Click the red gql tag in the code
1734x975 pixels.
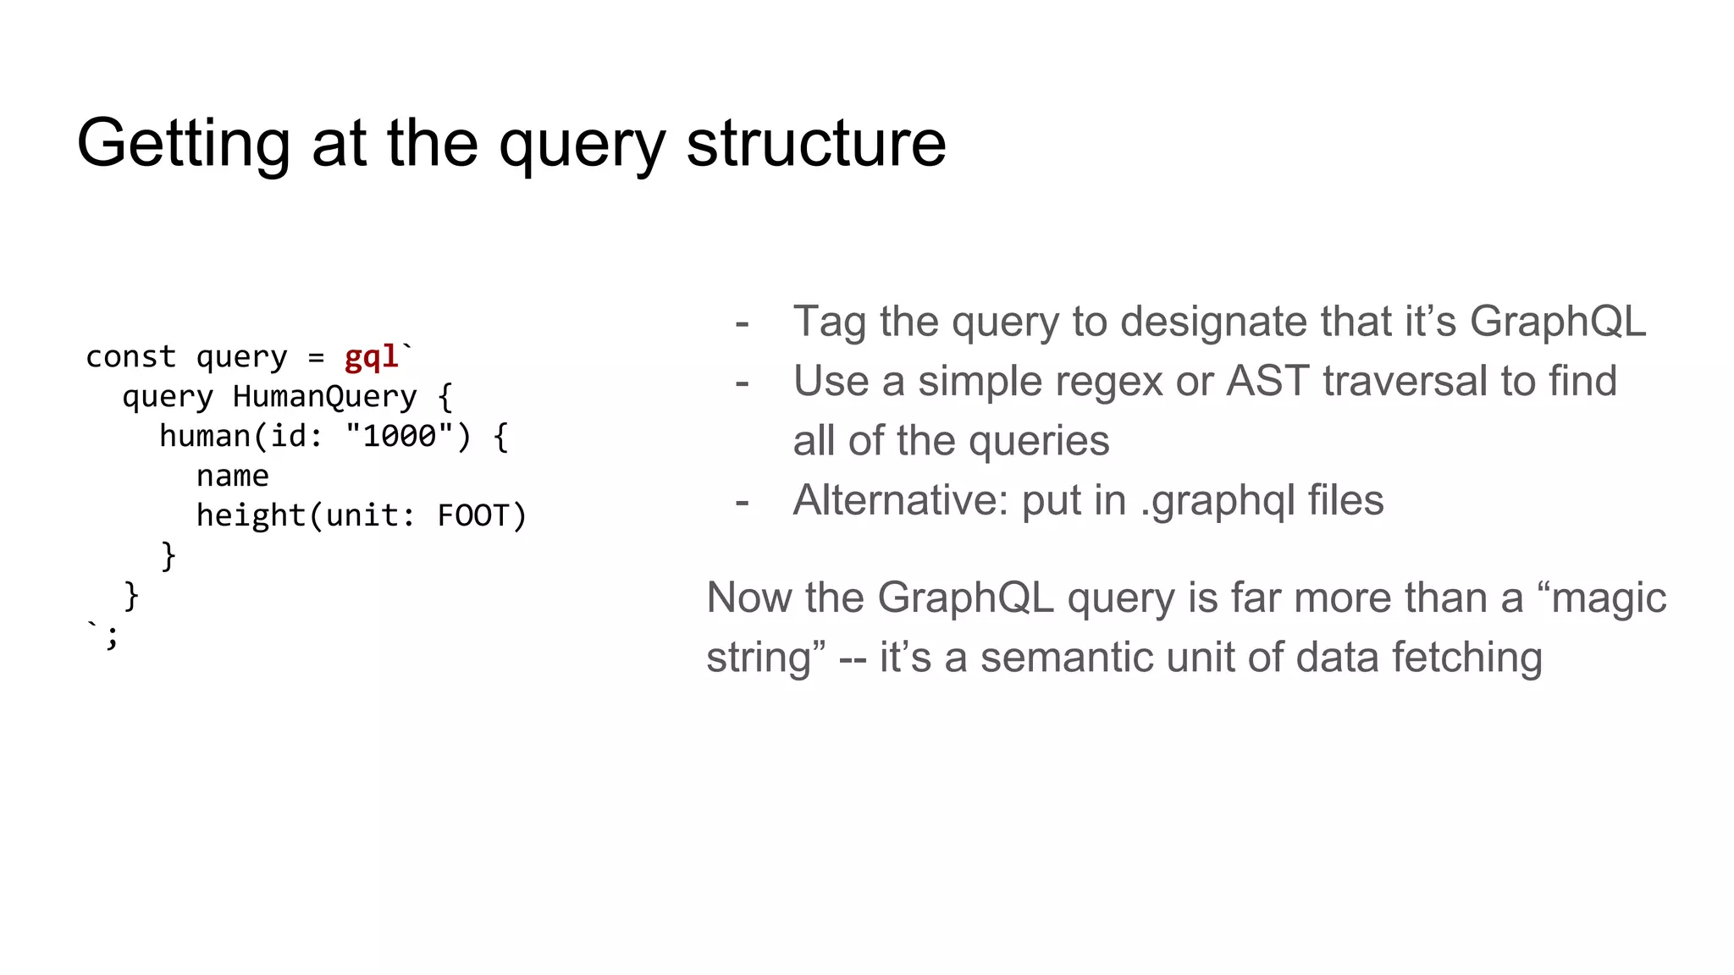[x=371, y=357]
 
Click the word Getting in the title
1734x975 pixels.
[x=183, y=144]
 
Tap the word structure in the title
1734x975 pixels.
[x=815, y=144]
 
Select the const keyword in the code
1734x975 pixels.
[x=130, y=357]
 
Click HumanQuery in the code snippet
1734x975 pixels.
[x=324, y=397]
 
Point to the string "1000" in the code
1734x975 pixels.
[x=399, y=437]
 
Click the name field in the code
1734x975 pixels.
[x=232, y=476]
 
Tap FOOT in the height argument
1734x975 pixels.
[x=472, y=516]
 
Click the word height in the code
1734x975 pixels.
[x=250, y=516]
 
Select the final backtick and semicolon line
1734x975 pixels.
[x=103, y=635]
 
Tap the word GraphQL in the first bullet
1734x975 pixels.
[x=1557, y=322]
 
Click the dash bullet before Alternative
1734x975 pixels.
[x=743, y=503]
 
